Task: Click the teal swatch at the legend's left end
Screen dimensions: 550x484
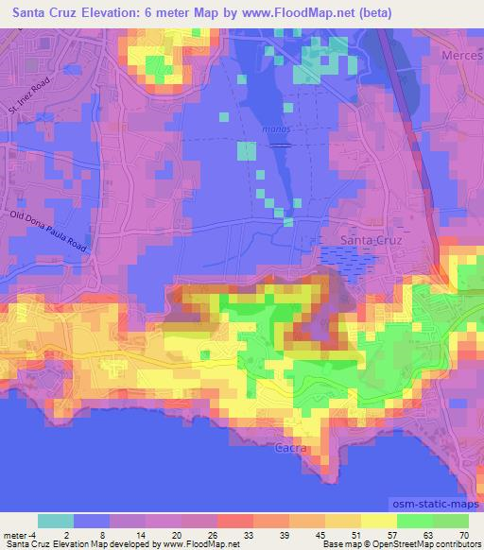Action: (x=55, y=521)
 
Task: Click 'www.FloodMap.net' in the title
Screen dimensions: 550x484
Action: (x=295, y=14)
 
